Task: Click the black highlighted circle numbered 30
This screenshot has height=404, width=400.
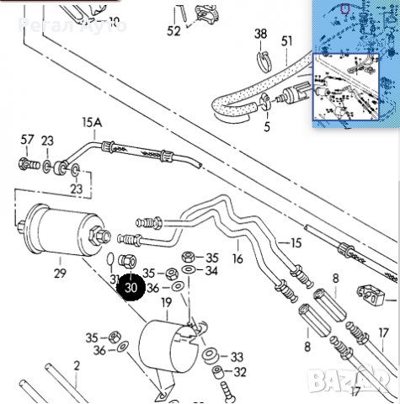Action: coord(131,286)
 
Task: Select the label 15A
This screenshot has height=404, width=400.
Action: coord(91,123)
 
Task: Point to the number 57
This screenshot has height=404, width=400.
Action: coord(28,140)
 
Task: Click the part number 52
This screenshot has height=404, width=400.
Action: coord(173,31)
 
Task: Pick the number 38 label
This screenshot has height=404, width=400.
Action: coord(261,35)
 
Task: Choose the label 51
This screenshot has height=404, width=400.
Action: coord(287,41)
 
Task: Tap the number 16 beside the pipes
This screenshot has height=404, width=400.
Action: coord(237,259)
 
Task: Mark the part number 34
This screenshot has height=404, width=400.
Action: coord(211,271)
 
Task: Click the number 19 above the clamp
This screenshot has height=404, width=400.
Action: coord(166,301)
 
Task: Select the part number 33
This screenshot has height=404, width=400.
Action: coord(237,357)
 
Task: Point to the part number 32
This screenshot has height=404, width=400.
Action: coord(240,372)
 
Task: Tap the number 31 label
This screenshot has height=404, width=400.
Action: coord(115,279)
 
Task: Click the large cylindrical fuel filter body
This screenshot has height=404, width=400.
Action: coord(58,229)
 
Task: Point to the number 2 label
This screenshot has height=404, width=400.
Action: coord(76,365)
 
